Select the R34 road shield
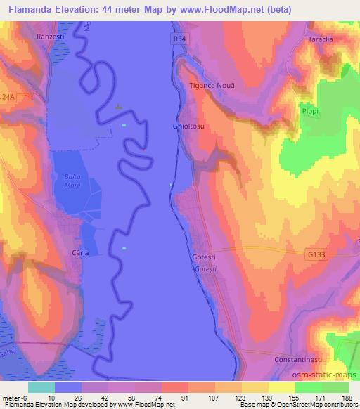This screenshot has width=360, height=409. click(181, 40)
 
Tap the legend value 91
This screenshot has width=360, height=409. click(165, 398)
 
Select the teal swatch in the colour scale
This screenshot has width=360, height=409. click(41, 387)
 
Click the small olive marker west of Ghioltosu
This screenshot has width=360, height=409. click(118, 108)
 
